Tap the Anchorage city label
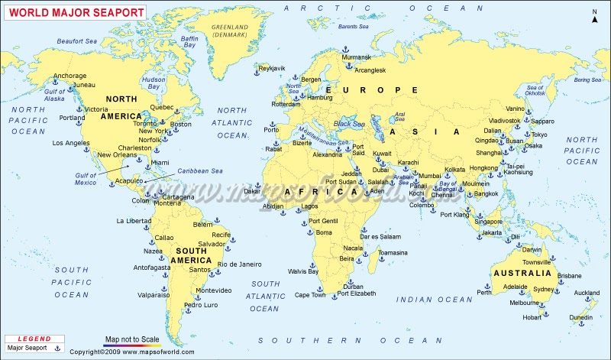(x=70, y=76)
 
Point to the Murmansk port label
(x=357, y=57)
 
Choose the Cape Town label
(x=310, y=294)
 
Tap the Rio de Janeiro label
(x=239, y=264)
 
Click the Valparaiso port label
(x=154, y=294)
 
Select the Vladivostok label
(x=505, y=120)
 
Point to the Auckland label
(x=587, y=293)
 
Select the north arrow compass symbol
(x=594, y=16)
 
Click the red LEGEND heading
(x=34, y=339)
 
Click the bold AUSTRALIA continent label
(x=522, y=273)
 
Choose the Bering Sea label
(x=587, y=79)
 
